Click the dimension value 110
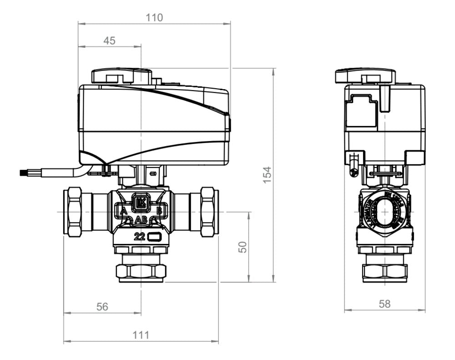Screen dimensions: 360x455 154,18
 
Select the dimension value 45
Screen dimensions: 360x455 109,41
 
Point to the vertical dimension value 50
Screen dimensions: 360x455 243,247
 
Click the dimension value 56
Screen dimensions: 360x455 102,307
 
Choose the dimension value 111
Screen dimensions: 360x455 141,335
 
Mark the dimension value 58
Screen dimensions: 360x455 384,304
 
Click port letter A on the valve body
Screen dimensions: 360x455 123,211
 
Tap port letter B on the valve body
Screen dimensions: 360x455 159,211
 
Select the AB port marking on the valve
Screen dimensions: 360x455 141,220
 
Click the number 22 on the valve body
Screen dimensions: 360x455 140,236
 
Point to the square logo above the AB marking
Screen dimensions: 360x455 141,203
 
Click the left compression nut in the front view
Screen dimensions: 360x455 72,212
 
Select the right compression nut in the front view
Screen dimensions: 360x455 210,212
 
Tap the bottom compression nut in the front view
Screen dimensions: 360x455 141,272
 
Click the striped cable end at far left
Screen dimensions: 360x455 24,172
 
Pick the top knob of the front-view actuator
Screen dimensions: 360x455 121,76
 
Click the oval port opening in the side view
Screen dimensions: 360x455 385,212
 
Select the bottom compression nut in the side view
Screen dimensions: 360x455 385,273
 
